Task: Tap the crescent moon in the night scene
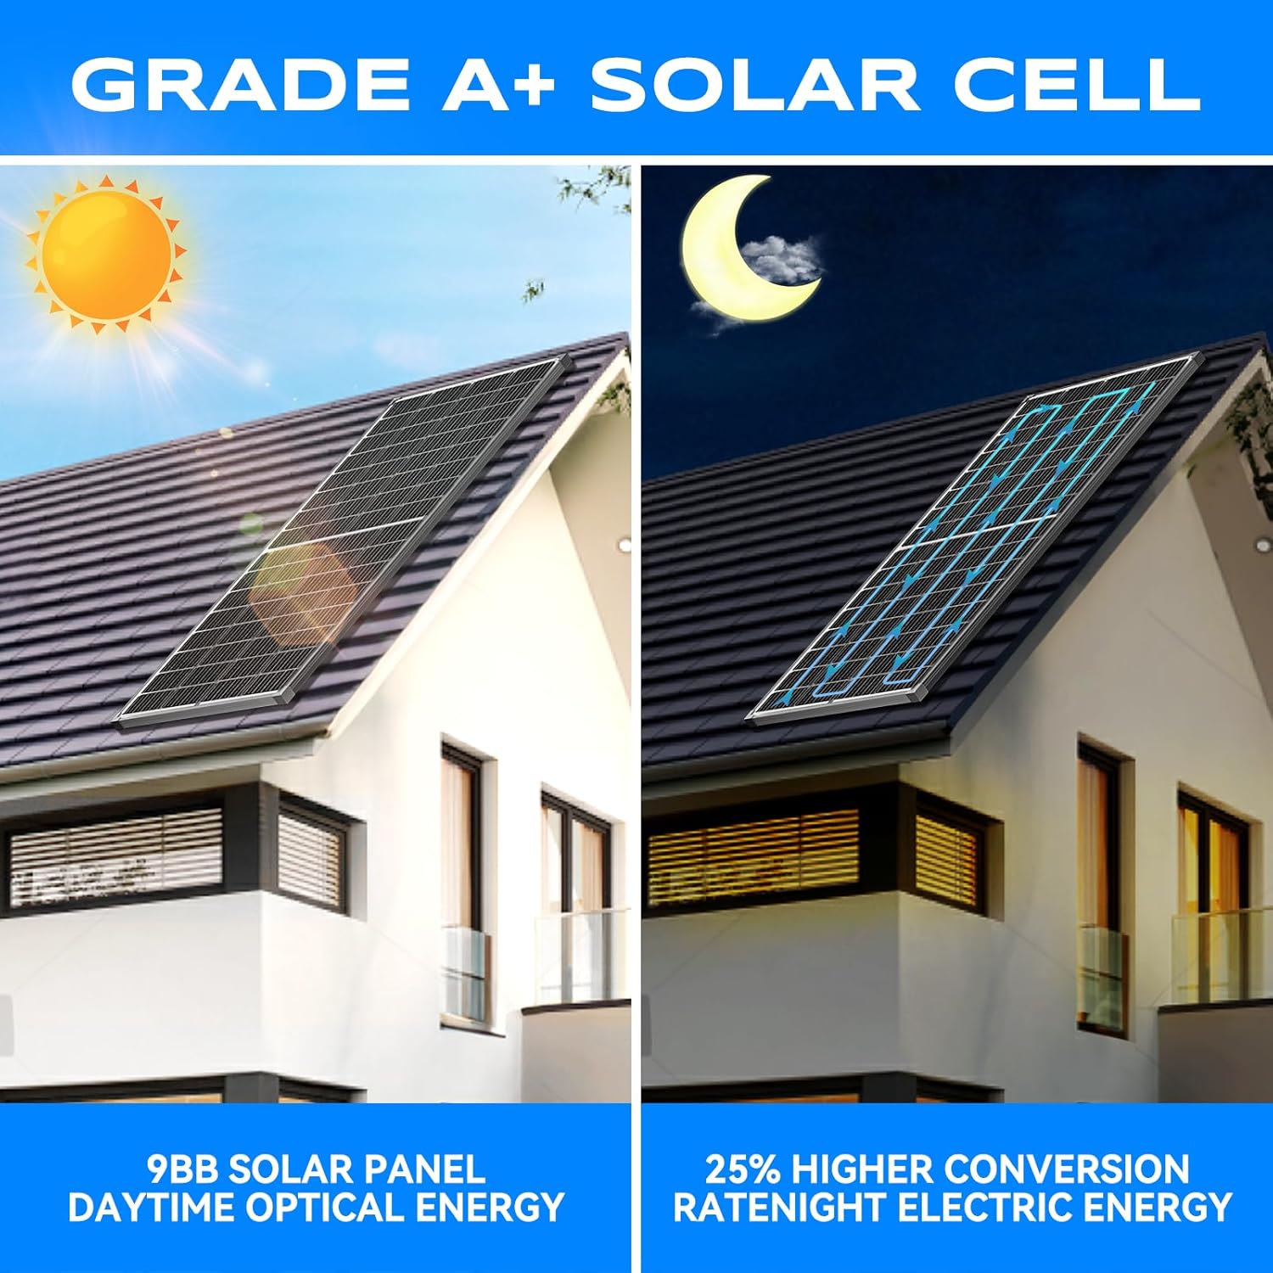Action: (721, 255)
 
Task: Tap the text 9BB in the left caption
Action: (182, 1169)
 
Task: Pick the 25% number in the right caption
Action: (743, 1169)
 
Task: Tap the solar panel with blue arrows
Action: (976, 543)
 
